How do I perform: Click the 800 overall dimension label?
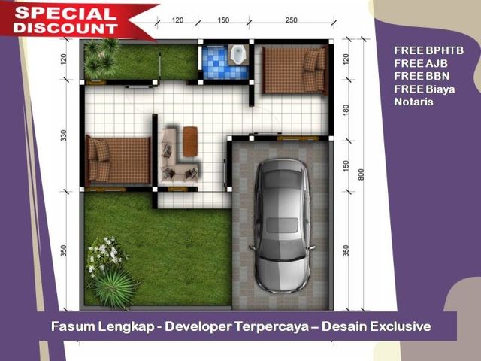coord(361,174)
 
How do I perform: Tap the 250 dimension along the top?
coord(291,20)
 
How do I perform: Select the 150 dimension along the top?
coord(223,20)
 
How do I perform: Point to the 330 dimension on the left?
coord(63,135)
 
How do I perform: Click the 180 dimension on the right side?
coord(346,110)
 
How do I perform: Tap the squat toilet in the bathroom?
coord(237,55)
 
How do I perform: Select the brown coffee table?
coord(190,141)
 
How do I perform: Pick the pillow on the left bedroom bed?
coord(101,150)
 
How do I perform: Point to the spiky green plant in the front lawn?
coord(113,289)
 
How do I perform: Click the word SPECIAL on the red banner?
coord(65,14)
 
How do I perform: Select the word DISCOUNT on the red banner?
coord(65,28)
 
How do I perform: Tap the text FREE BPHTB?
coord(428,50)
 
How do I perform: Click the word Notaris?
coord(413,102)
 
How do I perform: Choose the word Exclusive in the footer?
coord(401,326)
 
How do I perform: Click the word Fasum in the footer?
coord(73,326)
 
